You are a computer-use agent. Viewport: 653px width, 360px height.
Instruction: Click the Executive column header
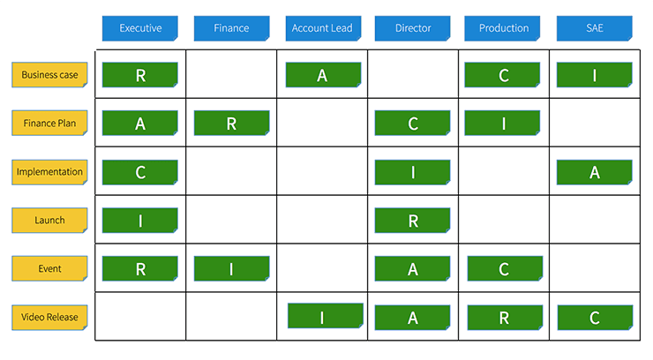[x=140, y=28]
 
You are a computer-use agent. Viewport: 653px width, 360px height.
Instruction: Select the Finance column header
[x=231, y=28]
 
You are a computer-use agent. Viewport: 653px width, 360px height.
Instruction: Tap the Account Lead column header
[x=322, y=28]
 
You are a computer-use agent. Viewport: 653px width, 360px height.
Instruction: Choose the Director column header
[x=412, y=28]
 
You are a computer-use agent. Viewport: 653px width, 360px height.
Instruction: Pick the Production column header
[x=503, y=28]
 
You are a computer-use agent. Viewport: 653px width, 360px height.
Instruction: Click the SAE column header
[x=594, y=28]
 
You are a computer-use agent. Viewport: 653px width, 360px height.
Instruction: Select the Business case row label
[x=49, y=75]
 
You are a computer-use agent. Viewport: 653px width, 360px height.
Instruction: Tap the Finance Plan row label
[x=49, y=124]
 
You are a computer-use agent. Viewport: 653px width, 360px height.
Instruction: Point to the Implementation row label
[x=49, y=172]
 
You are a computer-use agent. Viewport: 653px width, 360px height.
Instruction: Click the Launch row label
[x=49, y=220]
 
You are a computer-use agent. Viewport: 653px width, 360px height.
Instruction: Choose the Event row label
[x=49, y=268]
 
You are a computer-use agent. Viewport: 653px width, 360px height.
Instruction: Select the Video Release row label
[x=49, y=317]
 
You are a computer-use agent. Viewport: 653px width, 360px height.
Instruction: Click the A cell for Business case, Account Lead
[x=322, y=75]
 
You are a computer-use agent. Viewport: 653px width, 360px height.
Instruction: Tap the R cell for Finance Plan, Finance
[x=231, y=124]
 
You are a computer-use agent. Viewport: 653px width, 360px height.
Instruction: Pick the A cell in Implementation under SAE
[x=594, y=172]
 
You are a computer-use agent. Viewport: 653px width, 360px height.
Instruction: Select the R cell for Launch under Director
[x=412, y=221]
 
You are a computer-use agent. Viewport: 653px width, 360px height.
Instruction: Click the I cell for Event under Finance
[x=231, y=269]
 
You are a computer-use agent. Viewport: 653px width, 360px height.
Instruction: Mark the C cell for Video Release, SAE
[x=594, y=317]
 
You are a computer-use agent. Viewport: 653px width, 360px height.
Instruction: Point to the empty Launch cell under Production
[x=503, y=220]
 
